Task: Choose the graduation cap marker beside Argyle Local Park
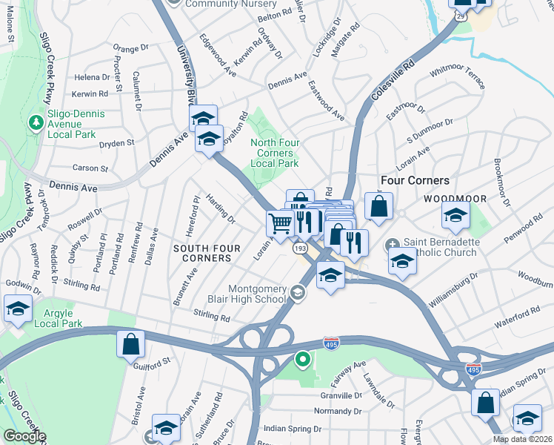(18, 309)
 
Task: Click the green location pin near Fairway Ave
(302, 360)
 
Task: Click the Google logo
(25, 436)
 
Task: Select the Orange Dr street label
(131, 49)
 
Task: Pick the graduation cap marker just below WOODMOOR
(455, 214)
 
